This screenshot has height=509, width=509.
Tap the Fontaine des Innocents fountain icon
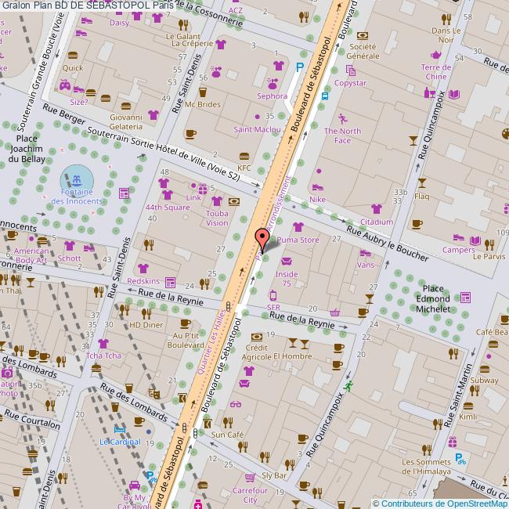(x=76, y=182)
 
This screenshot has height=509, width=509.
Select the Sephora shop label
(x=273, y=96)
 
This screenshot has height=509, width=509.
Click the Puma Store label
(x=298, y=240)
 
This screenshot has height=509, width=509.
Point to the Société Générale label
(x=362, y=51)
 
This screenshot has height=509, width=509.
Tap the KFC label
(x=244, y=168)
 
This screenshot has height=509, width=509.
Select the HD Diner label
(x=146, y=325)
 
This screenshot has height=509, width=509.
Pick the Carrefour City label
(x=250, y=494)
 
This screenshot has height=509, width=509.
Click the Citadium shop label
(x=376, y=222)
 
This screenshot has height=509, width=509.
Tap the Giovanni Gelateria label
(x=126, y=122)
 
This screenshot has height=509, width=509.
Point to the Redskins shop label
(x=143, y=281)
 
